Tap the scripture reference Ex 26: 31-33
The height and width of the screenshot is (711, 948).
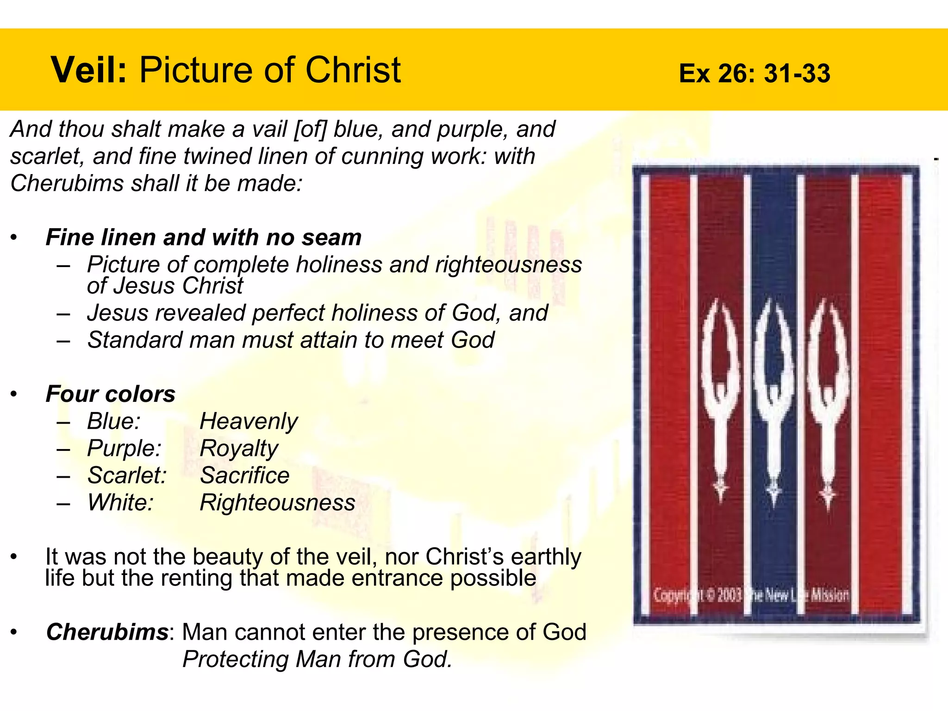point(754,74)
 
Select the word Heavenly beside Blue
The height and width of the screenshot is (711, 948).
point(249,422)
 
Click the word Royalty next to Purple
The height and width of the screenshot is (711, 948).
point(238,449)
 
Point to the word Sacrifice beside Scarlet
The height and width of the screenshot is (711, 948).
point(244,476)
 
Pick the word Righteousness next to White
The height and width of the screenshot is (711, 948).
point(277,503)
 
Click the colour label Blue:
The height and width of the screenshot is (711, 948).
point(114,422)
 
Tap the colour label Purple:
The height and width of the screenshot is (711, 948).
point(124,449)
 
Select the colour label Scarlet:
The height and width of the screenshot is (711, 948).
point(127,476)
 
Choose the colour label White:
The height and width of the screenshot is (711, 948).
point(120,503)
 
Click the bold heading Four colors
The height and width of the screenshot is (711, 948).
point(111,394)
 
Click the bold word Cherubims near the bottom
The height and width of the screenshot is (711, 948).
point(107,632)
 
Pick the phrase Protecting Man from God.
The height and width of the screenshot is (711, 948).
point(317,659)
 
